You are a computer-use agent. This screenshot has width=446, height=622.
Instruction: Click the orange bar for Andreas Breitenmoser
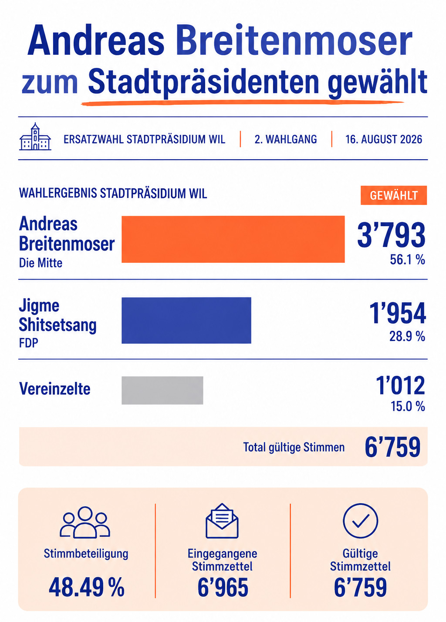click(x=233, y=239)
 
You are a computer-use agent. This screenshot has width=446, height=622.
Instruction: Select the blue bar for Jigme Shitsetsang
click(x=186, y=321)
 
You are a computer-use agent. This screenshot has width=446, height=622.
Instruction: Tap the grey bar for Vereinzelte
click(x=162, y=391)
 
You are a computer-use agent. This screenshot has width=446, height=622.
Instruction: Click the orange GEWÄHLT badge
click(x=394, y=195)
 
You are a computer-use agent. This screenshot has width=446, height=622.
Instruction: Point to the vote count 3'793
click(x=391, y=235)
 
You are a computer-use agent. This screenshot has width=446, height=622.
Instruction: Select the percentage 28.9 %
click(x=407, y=337)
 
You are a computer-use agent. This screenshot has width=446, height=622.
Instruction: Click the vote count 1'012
click(x=400, y=385)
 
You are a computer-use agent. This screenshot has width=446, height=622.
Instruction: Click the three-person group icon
click(x=85, y=522)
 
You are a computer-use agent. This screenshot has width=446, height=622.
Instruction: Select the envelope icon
click(x=222, y=521)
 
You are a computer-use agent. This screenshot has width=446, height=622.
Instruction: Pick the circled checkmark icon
click(x=360, y=521)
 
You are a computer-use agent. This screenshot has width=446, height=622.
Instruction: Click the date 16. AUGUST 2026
click(x=384, y=139)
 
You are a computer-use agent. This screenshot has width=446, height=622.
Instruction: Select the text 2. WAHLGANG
click(x=286, y=139)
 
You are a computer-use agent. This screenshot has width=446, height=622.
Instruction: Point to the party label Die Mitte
click(x=41, y=263)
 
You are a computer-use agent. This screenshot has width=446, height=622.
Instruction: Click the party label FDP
click(x=28, y=343)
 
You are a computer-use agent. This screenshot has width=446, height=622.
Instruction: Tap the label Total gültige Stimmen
click(x=294, y=447)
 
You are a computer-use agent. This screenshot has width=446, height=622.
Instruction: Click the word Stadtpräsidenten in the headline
click(x=203, y=83)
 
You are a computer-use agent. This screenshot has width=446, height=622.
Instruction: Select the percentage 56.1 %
click(x=407, y=260)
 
